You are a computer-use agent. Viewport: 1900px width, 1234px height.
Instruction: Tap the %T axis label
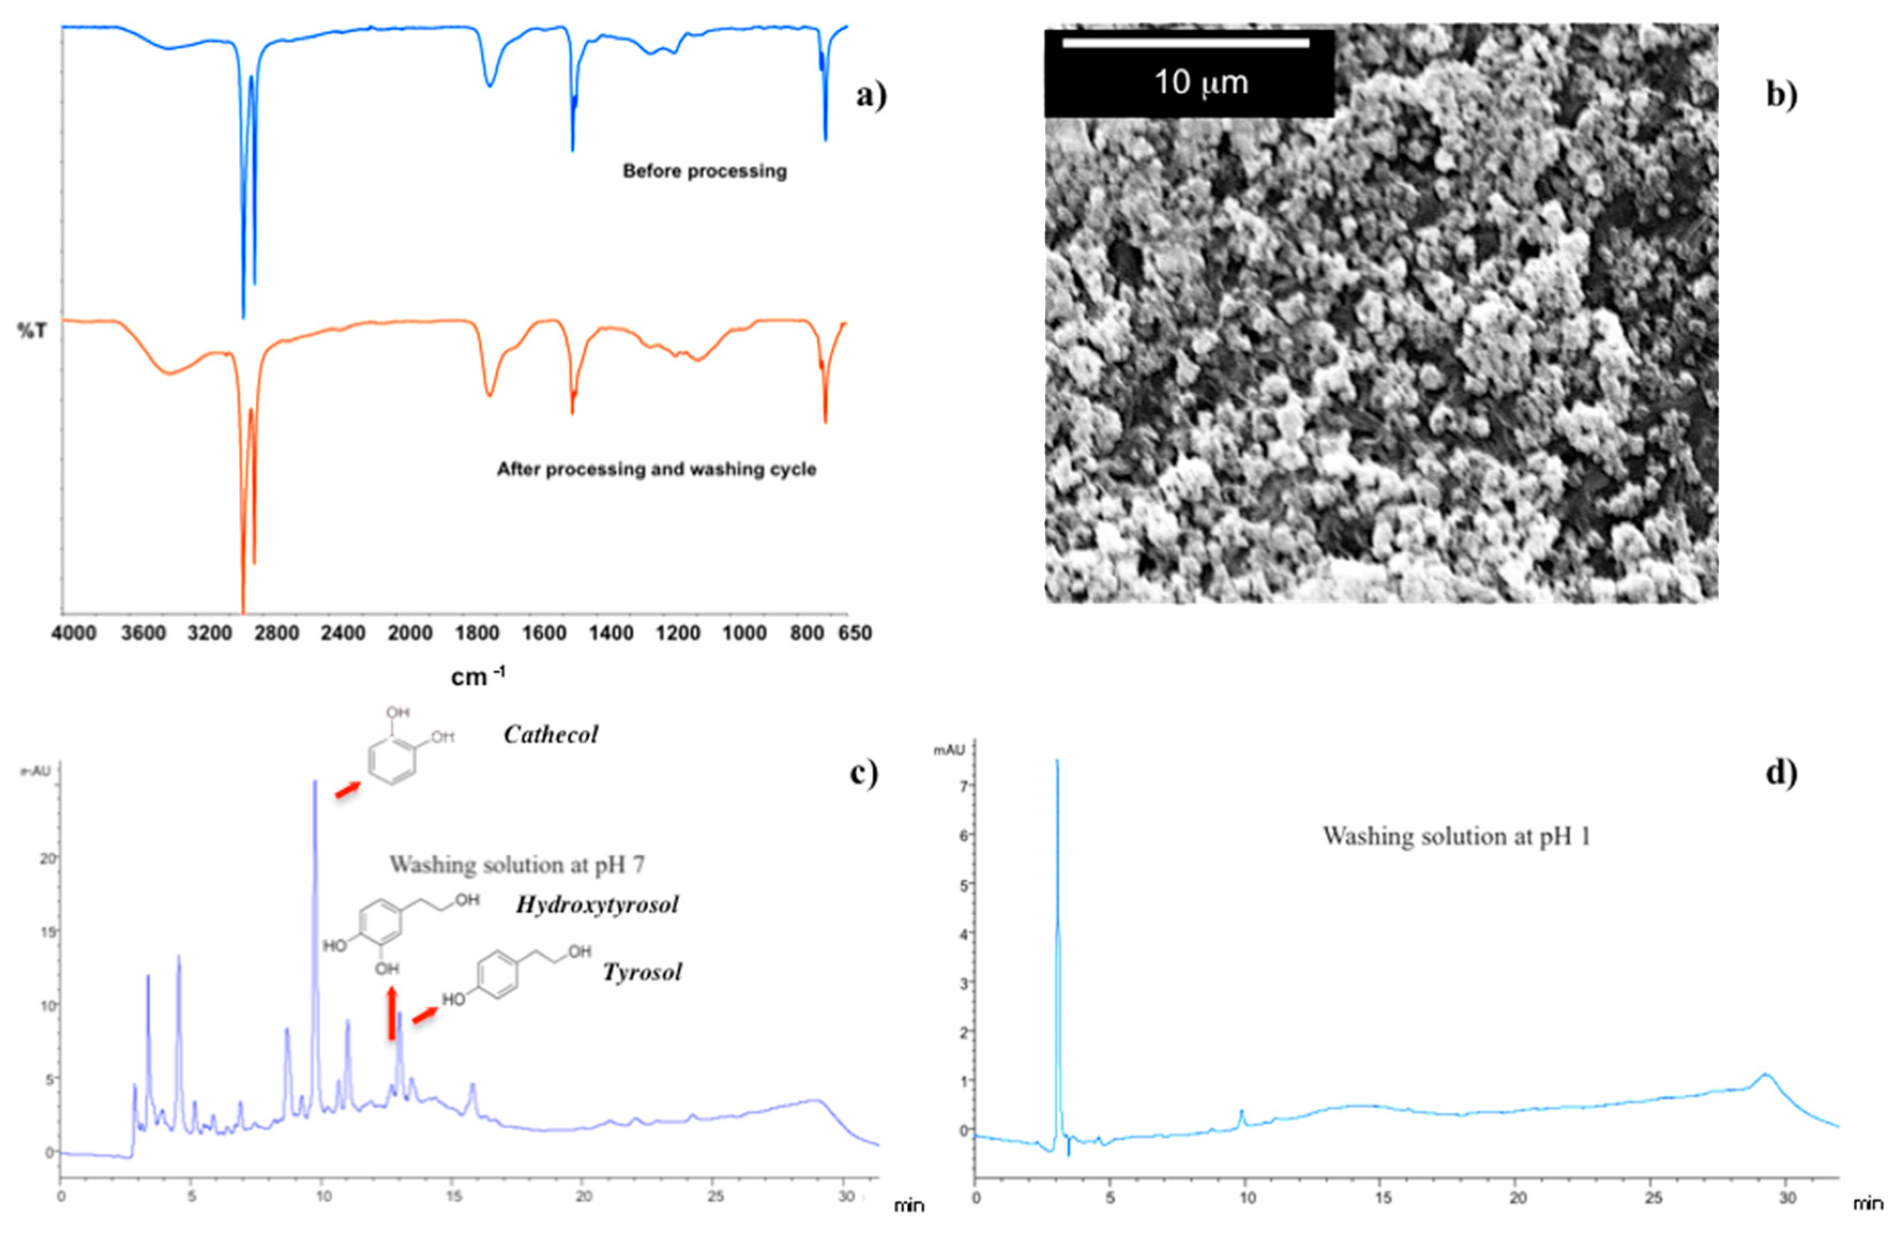32,331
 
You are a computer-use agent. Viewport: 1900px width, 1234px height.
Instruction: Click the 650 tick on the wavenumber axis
855,634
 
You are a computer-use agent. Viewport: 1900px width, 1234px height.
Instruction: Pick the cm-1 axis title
477,677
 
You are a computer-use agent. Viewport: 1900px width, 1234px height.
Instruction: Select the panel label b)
1781,95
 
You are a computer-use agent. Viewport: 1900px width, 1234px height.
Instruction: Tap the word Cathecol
550,734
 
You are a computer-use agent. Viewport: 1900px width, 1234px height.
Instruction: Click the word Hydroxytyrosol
597,904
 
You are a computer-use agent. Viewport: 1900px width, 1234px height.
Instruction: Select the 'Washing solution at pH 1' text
1456,836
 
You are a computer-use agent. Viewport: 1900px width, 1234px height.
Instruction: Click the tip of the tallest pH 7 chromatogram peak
315,781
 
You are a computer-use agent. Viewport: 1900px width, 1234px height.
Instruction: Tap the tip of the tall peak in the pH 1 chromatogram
1057,760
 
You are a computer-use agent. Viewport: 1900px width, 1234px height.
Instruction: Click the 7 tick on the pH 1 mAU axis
964,786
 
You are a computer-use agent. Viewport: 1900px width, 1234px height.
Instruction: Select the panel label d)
1781,773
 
